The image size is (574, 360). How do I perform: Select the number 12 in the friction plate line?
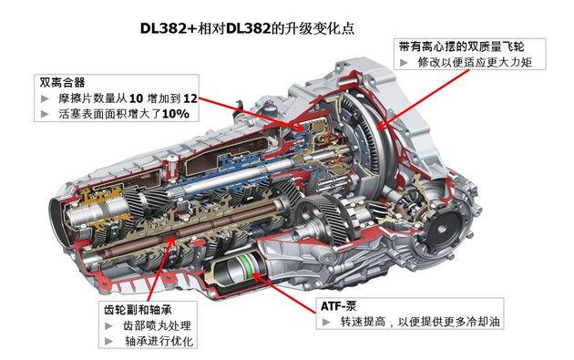(x=189, y=98)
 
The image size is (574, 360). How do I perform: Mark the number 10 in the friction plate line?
(x=137, y=98)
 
